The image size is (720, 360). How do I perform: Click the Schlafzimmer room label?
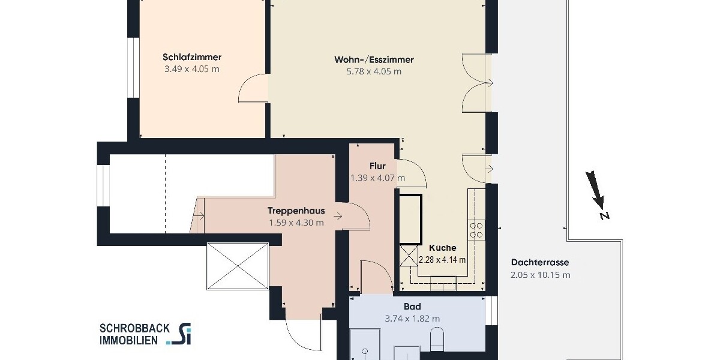pos(192,58)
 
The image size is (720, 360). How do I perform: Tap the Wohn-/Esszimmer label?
pos(374,60)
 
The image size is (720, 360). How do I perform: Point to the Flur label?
pos(377,166)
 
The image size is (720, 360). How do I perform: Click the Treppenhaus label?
pos(296,211)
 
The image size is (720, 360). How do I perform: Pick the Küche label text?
pos(442,247)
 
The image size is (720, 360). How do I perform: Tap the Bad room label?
pos(412,307)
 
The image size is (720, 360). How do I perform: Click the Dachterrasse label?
pos(539,262)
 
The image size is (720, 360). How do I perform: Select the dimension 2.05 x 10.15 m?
pos(540,275)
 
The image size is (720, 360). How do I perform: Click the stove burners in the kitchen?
pos(477,230)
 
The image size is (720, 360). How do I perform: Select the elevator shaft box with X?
pos(237,266)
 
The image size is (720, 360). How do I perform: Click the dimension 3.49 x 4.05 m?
pos(192,69)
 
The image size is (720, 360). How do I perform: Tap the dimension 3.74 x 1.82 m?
pos(412,319)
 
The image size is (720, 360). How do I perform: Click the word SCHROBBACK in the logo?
pos(134,328)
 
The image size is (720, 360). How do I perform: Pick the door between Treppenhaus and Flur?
pos(354,216)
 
